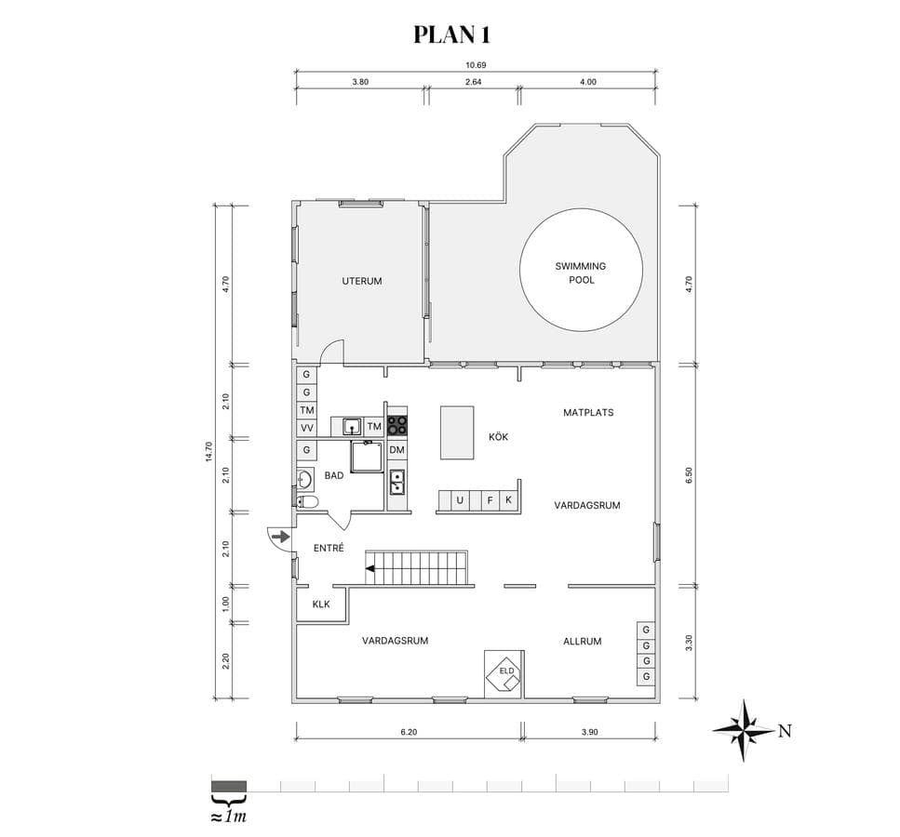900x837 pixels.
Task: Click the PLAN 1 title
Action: tap(451, 34)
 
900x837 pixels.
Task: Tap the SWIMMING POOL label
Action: tap(581, 273)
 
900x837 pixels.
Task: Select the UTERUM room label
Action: tap(362, 281)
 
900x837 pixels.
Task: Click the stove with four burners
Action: tap(397, 426)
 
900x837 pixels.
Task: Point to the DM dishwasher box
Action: tap(396, 450)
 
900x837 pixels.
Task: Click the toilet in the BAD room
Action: tap(308, 502)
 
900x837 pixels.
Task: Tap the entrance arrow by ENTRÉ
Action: tap(281, 537)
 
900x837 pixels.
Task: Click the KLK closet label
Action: tap(321, 604)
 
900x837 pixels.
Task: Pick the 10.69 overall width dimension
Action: tap(476, 65)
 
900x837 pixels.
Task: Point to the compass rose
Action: tap(744, 730)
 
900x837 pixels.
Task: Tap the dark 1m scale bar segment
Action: tap(229, 786)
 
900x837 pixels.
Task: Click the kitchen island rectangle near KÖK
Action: tap(458, 432)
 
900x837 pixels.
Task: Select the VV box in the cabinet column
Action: tap(307, 428)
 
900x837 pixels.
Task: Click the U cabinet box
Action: tap(460, 500)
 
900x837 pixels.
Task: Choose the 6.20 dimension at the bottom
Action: tap(409, 732)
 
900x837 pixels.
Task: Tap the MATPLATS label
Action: tap(588, 413)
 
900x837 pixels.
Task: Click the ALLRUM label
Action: tap(583, 642)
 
